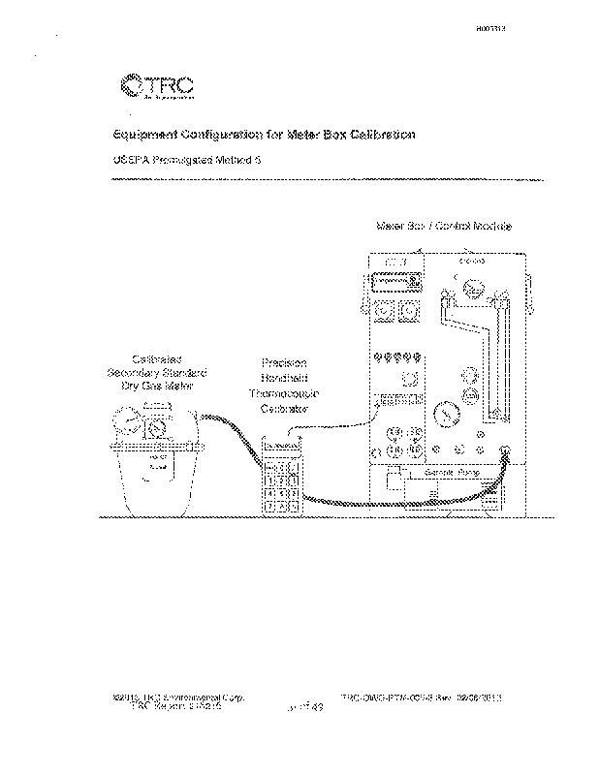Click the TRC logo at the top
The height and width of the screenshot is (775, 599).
[x=155, y=86]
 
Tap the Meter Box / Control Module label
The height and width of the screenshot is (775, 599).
[x=443, y=226]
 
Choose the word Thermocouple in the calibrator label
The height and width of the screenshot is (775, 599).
[x=284, y=393]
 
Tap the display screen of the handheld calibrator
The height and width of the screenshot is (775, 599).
[x=280, y=448]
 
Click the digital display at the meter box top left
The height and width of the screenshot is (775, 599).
[x=394, y=281]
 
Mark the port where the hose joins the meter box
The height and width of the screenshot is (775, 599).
[x=505, y=449]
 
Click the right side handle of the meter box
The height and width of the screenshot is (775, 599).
[x=530, y=292]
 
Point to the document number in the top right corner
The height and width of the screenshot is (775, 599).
[x=493, y=30]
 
